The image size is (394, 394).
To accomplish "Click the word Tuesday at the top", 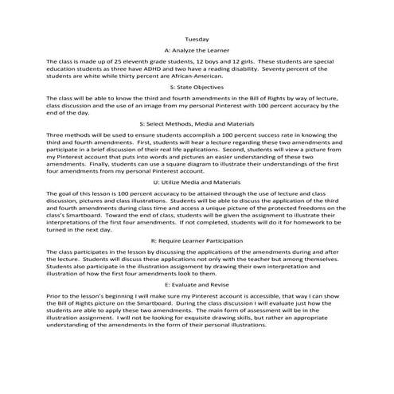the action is (196, 38).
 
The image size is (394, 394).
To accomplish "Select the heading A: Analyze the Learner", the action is (196, 49).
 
